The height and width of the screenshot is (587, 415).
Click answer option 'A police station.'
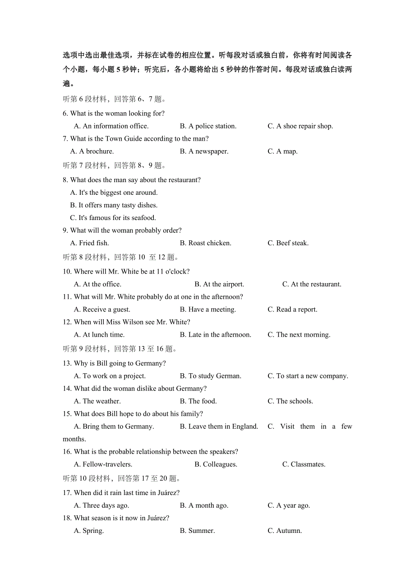point(208,126)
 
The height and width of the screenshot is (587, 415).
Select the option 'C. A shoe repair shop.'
point(300,126)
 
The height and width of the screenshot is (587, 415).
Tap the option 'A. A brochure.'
point(92,151)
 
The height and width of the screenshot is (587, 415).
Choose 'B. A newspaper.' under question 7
point(204,151)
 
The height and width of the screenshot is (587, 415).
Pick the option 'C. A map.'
point(282,151)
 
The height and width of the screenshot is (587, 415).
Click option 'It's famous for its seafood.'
point(113,218)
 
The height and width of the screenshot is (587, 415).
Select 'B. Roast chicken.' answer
point(205,243)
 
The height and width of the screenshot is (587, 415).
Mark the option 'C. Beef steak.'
point(288,243)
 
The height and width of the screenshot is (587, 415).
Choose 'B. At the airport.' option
point(219,284)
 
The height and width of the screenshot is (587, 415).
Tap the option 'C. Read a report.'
point(292,310)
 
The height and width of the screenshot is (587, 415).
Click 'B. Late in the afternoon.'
point(215,335)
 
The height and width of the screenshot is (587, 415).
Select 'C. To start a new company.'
point(308,376)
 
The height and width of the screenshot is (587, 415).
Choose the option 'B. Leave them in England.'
point(219,426)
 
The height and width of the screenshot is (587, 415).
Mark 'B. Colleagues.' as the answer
point(216,464)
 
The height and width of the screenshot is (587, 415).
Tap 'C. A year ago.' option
point(289,506)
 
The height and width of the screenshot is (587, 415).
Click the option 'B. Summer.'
point(197,531)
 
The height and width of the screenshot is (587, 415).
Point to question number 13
point(67,363)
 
